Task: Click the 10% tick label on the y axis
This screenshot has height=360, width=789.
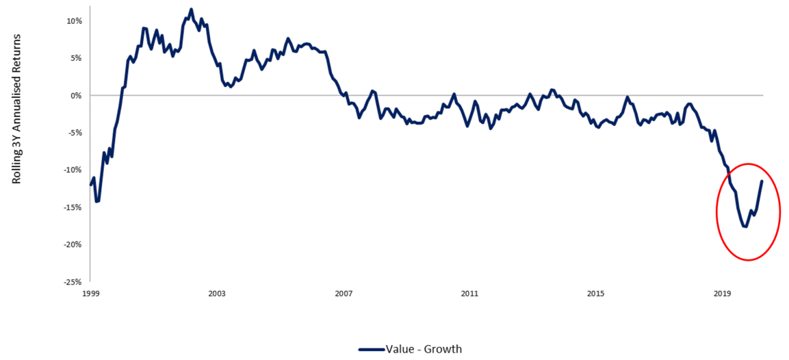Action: [x=74, y=21]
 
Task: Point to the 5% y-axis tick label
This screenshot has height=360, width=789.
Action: [x=75, y=58]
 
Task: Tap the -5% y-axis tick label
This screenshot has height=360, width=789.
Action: [x=74, y=133]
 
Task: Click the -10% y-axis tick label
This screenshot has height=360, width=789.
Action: [x=73, y=170]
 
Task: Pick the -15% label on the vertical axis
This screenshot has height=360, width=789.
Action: [x=73, y=207]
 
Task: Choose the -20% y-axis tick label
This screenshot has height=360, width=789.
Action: [x=73, y=244]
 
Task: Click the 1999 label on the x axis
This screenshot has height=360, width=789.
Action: [x=90, y=294]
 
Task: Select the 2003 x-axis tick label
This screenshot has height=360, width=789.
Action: [x=217, y=294]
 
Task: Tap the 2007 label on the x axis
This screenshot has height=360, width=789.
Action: [x=344, y=294]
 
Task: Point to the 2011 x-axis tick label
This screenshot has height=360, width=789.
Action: [x=469, y=294]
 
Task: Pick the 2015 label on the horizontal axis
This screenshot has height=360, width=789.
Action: [x=596, y=294]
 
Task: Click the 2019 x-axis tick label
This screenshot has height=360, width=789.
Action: [x=722, y=294]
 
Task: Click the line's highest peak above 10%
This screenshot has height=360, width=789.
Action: [x=191, y=9]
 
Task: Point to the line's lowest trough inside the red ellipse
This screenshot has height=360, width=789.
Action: [x=745, y=227]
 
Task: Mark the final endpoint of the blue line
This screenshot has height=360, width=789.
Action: [x=762, y=181]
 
